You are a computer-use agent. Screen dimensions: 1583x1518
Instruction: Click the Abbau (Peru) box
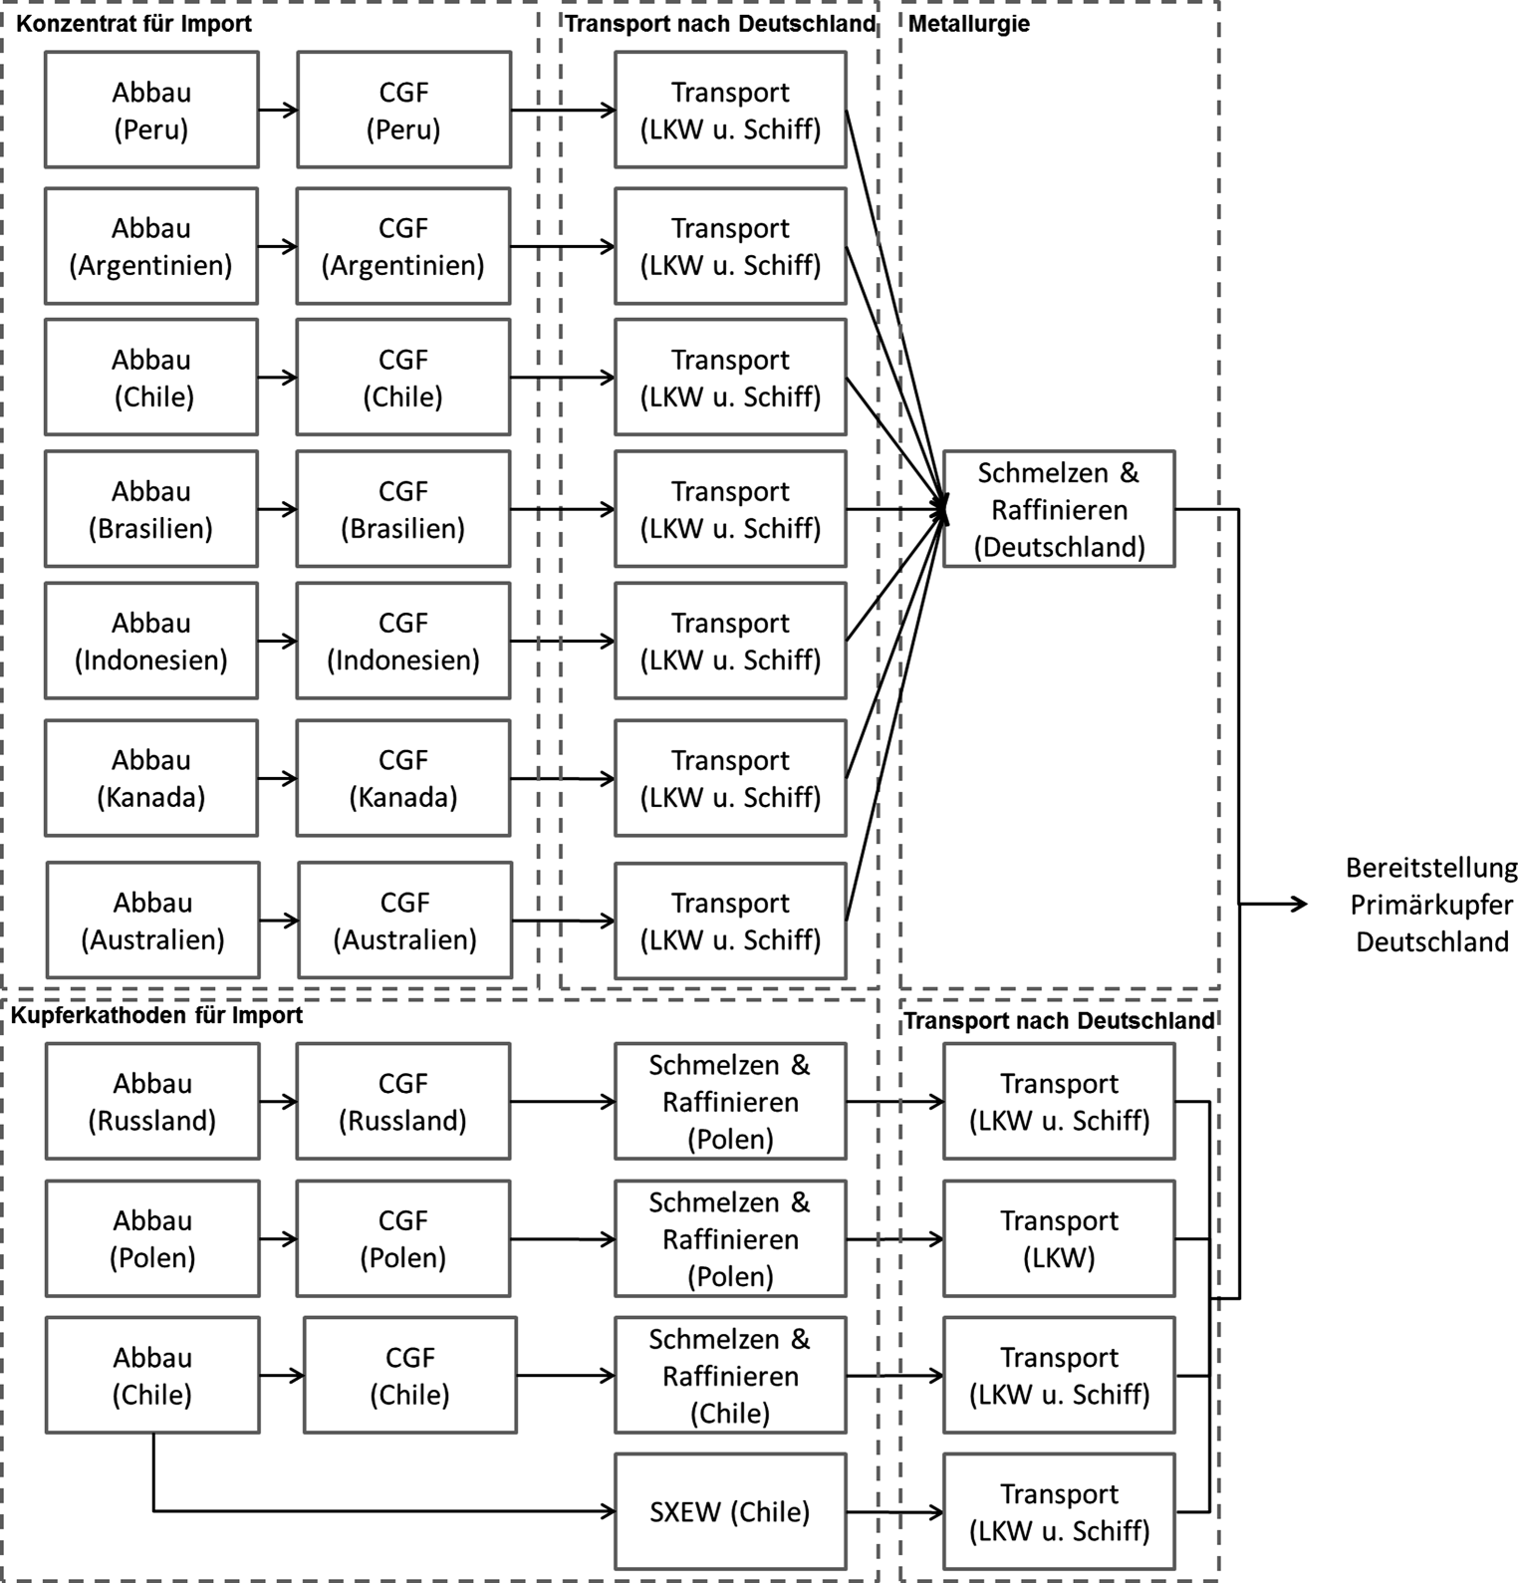151,110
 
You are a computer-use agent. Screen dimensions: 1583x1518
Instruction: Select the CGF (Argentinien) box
403,246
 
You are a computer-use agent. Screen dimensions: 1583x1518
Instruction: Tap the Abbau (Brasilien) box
151,509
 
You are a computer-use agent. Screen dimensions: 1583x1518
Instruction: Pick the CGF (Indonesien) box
403,641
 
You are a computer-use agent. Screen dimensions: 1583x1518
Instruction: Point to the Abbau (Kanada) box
151,778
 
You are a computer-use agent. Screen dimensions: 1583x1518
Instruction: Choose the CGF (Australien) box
404,921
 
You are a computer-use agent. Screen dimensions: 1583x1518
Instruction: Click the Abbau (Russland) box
152,1101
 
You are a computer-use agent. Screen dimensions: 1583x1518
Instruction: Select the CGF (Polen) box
403,1238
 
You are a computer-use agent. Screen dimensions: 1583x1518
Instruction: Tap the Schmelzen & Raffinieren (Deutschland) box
1059,509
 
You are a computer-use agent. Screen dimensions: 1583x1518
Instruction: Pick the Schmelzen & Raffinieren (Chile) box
730,1376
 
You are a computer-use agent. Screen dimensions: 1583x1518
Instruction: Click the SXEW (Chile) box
730,1511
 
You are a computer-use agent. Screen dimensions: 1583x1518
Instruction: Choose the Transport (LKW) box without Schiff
1059,1238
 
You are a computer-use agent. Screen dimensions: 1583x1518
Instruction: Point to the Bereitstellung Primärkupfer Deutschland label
1431,905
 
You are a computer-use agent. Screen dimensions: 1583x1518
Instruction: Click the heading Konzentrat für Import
134,23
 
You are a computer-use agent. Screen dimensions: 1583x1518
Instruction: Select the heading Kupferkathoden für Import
156,1015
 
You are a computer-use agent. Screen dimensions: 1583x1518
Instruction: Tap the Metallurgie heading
968,23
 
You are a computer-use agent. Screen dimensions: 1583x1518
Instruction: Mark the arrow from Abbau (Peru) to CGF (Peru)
278,110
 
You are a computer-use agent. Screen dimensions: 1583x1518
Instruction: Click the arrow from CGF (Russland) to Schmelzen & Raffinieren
563,1101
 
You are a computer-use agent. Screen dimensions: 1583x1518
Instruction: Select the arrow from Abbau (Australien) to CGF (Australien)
279,921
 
